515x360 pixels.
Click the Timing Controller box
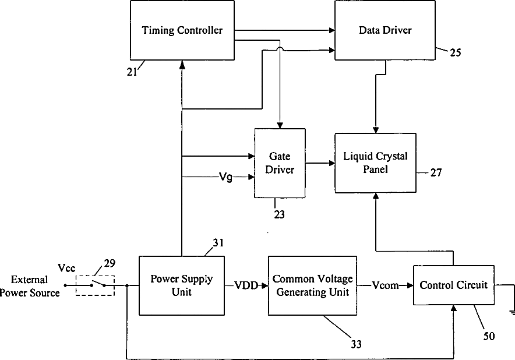tap(182, 30)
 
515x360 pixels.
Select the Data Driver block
tap(385, 30)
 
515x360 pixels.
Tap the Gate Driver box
tap(280, 163)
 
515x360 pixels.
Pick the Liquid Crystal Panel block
tap(375, 163)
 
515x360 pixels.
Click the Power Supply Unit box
tap(182, 285)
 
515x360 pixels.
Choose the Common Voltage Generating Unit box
tap(312, 285)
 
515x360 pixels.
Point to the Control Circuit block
tap(453, 285)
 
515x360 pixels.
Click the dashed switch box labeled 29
tap(95, 285)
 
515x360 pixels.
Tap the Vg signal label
tap(225, 177)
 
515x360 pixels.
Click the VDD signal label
tap(246, 285)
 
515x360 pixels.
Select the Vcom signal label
tap(385, 285)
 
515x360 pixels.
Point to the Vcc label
tap(66, 268)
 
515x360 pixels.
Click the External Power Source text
tap(30, 286)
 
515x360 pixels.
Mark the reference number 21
tap(132, 72)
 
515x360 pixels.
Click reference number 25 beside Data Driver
tap(455, 52)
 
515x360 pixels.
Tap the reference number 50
tap(489, 336)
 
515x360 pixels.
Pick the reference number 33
tap(356, 344)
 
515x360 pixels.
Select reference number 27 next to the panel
tap(436, 172)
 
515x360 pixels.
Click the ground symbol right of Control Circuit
tap(513, 313)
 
